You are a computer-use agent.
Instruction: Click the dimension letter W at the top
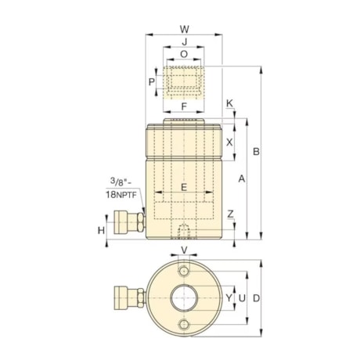(x=185, y=29)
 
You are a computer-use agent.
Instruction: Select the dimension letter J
(x=185, y=42)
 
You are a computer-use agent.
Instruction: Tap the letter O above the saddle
(x=185, y=55)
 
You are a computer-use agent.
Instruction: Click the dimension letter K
(x=229, y=104)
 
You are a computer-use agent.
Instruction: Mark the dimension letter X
(x=229, y=142)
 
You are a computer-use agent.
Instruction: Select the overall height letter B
(x=255, y=151)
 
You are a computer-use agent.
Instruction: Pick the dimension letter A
(x=242, y=179)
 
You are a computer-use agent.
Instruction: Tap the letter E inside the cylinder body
(x=185, y=188)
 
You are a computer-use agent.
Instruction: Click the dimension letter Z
(x=229, y=214)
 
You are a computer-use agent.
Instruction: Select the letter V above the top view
(x=185, y=250)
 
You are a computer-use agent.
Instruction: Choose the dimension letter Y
(x=229, y=298)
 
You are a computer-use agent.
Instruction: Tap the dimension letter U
(x=242, y=298)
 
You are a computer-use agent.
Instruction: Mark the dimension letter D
(x=255, y=298)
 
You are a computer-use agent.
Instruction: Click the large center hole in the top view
(x=185, y=298)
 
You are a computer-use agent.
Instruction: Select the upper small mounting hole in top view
(x=185, y=271)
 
